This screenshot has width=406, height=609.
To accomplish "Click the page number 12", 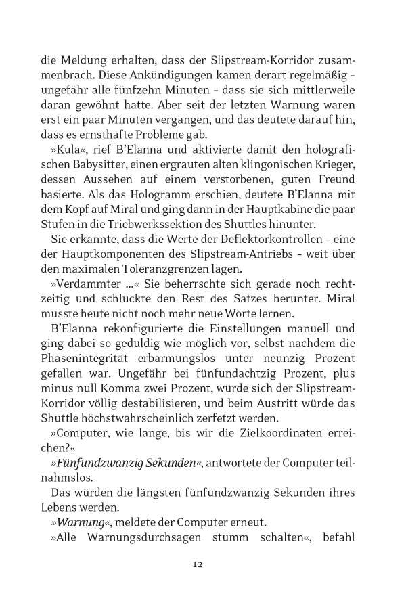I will pos(198,564).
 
